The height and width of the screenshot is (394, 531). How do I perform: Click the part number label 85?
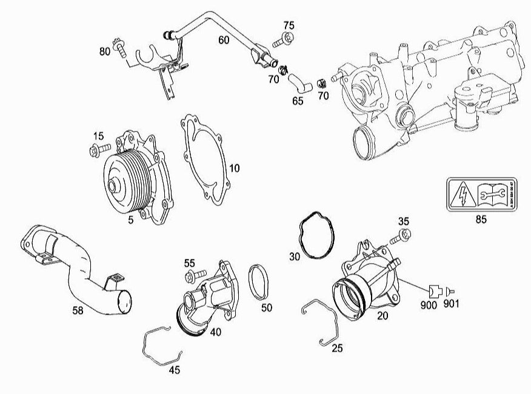[481, 219]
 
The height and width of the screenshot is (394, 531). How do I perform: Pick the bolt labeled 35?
[403, 234]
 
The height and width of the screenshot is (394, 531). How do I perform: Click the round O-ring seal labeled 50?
[261, 282]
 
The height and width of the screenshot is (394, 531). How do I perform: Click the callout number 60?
[224, 40]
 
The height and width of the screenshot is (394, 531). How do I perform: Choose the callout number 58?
[78, 311]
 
